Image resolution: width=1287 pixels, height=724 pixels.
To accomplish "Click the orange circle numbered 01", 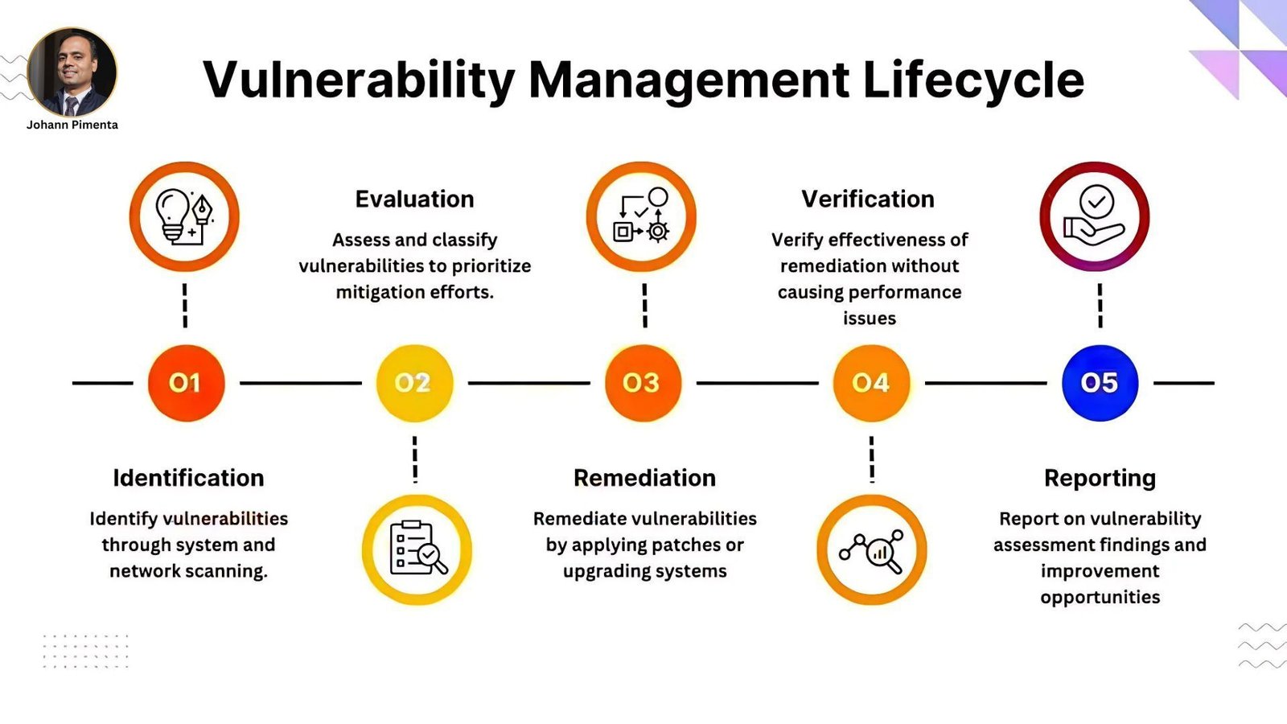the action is [x=186, y=383].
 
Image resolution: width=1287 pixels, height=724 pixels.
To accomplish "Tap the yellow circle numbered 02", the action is [x=414, y=383].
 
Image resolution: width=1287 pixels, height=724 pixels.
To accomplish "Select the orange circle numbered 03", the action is [x=643, y=383].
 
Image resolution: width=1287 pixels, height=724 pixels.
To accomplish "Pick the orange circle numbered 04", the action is [x=871, y=383].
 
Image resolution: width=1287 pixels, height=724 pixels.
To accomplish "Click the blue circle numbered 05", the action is [x=1100, y=383].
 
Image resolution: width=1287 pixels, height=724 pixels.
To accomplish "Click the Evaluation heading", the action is [x=414, y=200].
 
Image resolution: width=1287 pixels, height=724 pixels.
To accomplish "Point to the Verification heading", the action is [x=868, y=200].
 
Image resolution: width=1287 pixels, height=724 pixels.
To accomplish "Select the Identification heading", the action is [x=188, y=478].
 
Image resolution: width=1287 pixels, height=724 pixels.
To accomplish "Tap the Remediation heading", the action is [x=644, y=478].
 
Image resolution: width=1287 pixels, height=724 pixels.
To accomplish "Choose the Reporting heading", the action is [x=1100, y=479].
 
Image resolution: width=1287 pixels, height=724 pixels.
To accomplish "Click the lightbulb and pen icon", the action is [x=184, y=216].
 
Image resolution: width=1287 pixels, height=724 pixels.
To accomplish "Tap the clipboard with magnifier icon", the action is [x=417, y=548].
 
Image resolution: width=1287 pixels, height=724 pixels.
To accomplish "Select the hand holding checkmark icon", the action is [x=1095, y=216].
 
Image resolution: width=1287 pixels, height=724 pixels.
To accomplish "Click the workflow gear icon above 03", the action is [x=641, y=216].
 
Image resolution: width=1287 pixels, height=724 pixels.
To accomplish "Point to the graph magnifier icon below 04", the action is [x=871, y=551].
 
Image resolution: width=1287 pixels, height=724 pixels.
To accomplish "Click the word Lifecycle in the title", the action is [x=973, y=80].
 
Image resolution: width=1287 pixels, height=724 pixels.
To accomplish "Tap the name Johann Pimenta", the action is [x=72, y=125].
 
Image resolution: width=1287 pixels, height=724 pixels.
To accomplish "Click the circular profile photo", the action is [x=72, y=72].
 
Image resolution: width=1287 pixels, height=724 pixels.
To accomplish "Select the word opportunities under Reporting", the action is [x=1100, y=598].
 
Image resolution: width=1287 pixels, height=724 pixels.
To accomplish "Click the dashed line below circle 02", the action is [x=415, y=459].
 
